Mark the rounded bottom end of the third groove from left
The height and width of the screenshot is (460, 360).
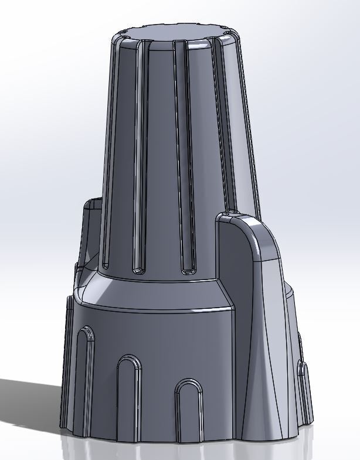coord(188,270)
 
